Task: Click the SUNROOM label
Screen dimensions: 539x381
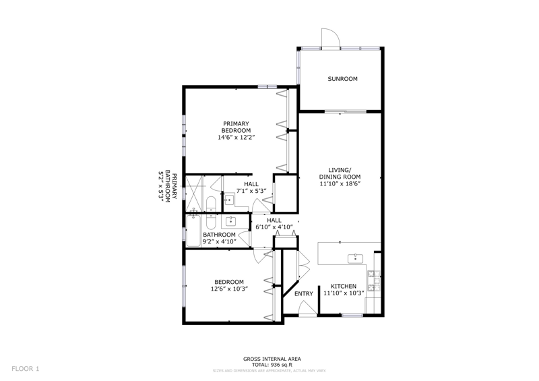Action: point(342,79)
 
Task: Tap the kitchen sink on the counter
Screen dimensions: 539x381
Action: point(356,258)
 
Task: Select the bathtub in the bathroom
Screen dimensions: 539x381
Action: point(193,230)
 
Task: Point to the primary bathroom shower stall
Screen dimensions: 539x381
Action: point(194,194)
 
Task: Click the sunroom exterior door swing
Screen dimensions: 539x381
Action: point(331,38)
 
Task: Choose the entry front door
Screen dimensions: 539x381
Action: point(307,307)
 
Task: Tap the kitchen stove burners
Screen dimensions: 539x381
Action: point(374,281)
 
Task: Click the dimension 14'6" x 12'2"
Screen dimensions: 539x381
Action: point(236,138)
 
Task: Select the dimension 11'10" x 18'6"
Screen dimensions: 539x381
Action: point(340,184)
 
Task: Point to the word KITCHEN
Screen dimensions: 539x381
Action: point(344,287)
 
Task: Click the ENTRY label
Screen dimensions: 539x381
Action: point(304,293)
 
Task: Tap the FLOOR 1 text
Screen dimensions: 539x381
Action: point(26,369)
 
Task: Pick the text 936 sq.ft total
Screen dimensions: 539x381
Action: point(282,365)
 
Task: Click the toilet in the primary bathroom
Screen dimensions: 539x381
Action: point(210,204)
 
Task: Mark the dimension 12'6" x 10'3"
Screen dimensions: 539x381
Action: point(229,289)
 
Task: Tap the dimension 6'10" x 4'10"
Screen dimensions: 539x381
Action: point(274,227)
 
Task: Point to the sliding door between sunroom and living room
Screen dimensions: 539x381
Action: point(346,111)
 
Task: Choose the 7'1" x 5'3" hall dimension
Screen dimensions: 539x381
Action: point(251,191)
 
